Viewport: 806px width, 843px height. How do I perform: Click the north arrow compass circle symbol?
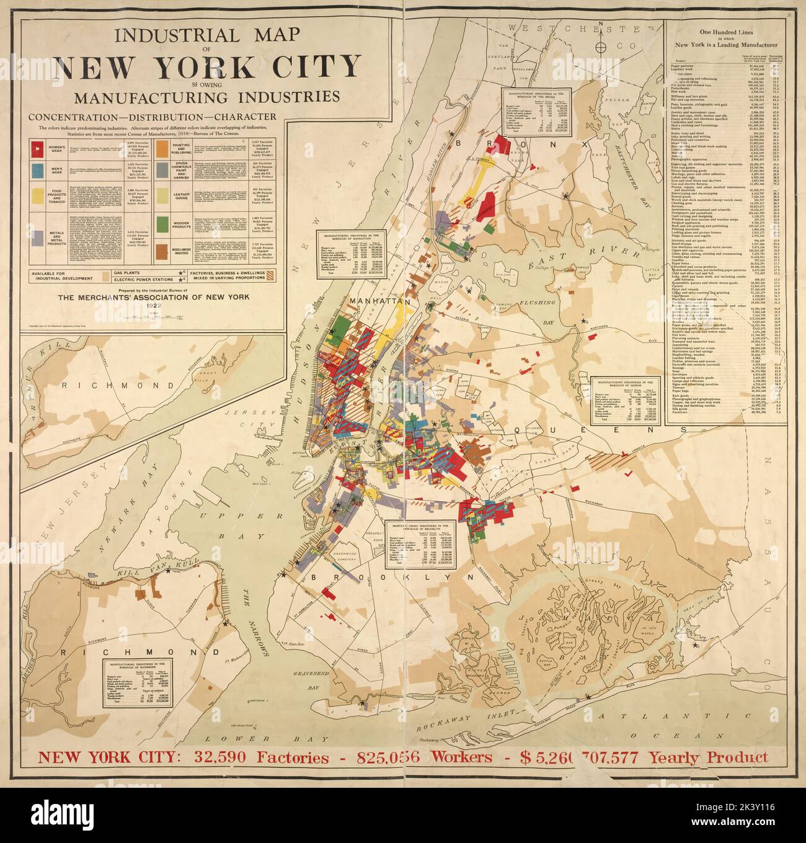[x=600, y=48]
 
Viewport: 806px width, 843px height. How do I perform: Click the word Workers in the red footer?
[x=456, y=758]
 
